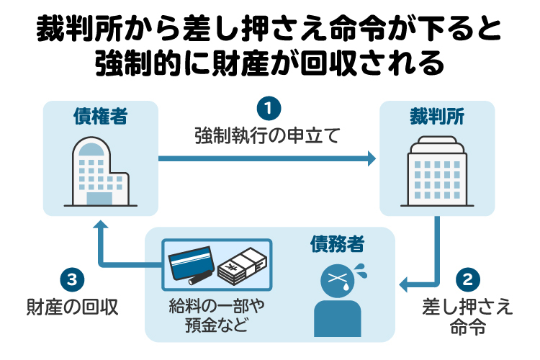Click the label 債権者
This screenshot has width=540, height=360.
point(100,116)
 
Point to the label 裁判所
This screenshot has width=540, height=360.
point(438,116)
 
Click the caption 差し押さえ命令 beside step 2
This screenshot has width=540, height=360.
point(467,316)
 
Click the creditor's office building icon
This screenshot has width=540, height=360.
point(99,171)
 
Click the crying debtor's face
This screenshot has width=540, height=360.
point(336,279)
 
